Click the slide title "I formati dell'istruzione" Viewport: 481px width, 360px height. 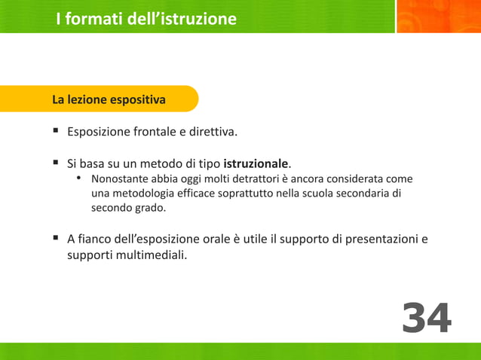[146, 19]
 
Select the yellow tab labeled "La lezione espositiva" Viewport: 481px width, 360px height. [109, 99]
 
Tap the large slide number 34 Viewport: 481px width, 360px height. [426, 318]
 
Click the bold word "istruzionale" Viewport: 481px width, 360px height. [256, 163]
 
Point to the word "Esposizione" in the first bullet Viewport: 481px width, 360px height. [98, 133]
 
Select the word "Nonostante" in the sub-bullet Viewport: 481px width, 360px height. [120, 179]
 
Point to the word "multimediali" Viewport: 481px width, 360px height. [149, 255]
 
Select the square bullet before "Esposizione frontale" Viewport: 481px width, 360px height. [56, 131]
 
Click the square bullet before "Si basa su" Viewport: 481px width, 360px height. [56, 163]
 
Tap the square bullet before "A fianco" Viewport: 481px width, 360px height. [56, 239]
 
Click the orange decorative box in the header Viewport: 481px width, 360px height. [437, 17]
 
